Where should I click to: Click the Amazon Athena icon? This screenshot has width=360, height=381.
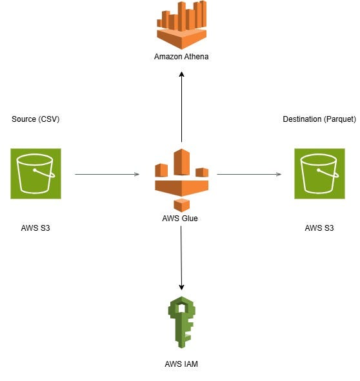coord(181,24)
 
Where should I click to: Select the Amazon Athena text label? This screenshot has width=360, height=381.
coord(181,57)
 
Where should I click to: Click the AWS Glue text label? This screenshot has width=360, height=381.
coord(180,219)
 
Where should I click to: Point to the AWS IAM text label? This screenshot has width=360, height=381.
coord(181,364)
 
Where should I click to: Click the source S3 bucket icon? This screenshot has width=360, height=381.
coord(35,173)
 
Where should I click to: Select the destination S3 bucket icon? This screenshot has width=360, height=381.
coord(320,173)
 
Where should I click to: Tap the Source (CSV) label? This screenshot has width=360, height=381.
coord(35,119)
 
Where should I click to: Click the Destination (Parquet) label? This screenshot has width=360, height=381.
coord(319,119)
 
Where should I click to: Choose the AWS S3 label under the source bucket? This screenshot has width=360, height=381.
coord(35,228)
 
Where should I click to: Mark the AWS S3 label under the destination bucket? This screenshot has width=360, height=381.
coord(320,228)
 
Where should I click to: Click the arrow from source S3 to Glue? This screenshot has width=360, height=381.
coord(107,174)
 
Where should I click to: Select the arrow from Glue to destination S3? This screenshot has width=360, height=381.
coord(249,174)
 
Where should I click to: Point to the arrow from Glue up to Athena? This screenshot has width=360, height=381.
coord(181,106)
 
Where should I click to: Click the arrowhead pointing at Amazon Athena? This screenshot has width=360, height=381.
coord(181,75)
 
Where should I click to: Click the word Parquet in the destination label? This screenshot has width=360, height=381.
coord(340,119)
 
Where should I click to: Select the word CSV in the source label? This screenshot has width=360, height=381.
coord(48,119)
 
